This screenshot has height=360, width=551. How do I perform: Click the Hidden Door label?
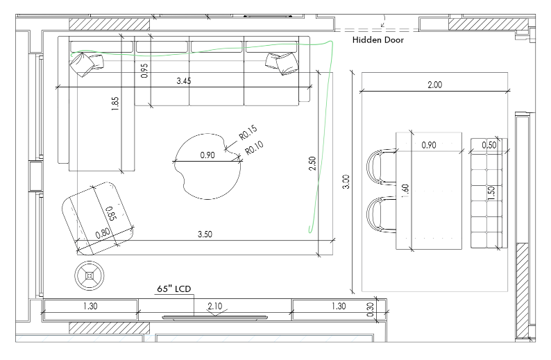pos(378,40)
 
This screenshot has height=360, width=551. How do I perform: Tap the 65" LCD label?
pos(174,289)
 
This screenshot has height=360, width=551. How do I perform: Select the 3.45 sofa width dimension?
pos(184,81)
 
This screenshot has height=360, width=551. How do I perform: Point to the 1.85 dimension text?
pos(115,104)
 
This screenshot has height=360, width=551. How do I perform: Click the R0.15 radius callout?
pos(248,132)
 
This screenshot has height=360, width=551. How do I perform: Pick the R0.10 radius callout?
pos(254,148)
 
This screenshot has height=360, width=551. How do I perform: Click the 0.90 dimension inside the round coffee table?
pos(207,155)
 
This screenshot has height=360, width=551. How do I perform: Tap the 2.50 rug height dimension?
pos(312,164)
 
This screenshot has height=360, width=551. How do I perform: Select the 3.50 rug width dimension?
pos(205,234)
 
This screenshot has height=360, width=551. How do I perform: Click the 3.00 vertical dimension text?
pos(346,182)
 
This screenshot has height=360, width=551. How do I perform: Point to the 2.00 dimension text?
pos(434,85)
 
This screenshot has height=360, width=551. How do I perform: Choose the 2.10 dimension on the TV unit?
pos(214,307)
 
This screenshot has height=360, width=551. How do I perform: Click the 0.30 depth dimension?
pos(371,310)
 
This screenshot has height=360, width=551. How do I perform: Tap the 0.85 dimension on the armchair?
pos(111,214)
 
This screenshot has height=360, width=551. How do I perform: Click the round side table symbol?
pos(90,275)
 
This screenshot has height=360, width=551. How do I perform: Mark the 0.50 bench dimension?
pos(489,145)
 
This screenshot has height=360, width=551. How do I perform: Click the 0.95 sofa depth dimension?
pos(144,71)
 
